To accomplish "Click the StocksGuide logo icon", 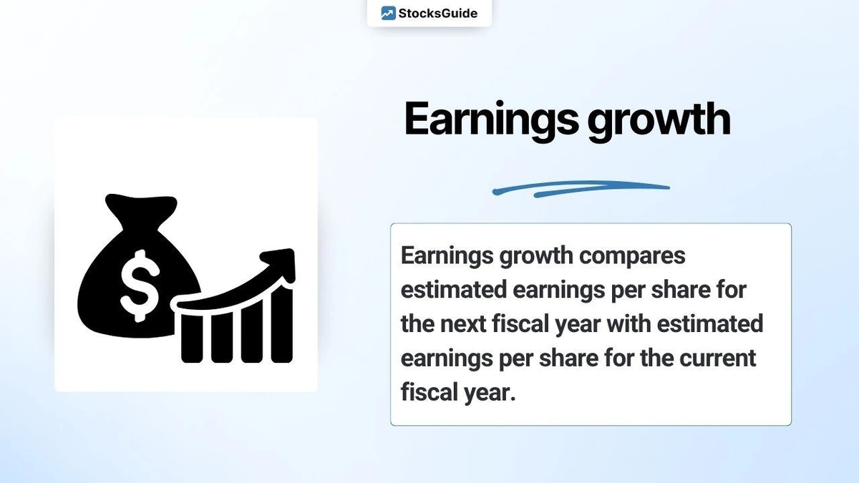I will click(388, 13).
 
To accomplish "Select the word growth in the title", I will click(659, 120).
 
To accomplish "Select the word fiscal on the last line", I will click(427, 391).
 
